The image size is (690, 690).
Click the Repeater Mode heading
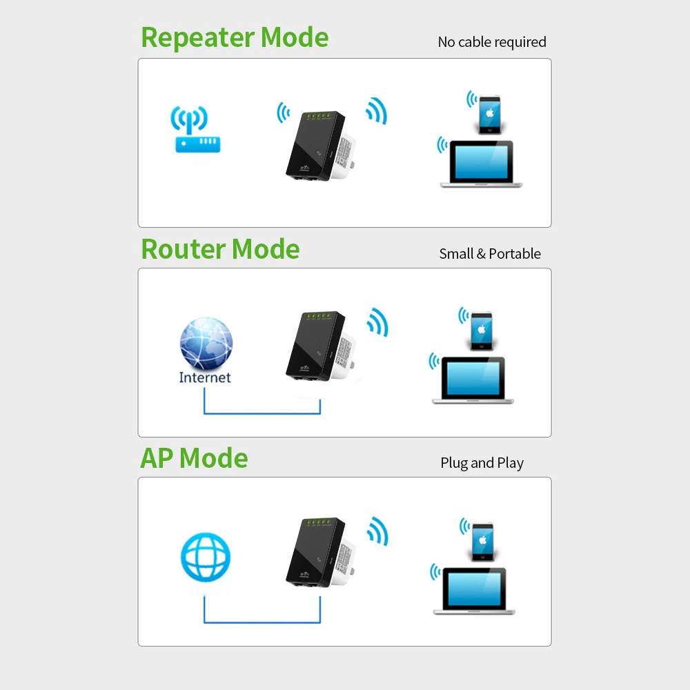235,38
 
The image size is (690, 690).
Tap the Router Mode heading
220,249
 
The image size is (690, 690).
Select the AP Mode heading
194,458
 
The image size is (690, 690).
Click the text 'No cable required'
492,42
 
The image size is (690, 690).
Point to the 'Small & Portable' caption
490,254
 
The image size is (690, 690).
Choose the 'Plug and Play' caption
482,463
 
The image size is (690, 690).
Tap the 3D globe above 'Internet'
206,344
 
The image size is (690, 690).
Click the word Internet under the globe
205,377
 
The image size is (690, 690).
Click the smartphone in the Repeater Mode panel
489,113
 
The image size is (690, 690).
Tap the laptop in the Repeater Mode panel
482,164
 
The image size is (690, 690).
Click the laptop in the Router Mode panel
473,380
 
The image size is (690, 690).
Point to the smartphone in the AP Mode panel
482,540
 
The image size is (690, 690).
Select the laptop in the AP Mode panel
475,591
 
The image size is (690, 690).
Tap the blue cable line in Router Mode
262,414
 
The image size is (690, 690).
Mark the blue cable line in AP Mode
262,622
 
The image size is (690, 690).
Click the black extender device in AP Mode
314,552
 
